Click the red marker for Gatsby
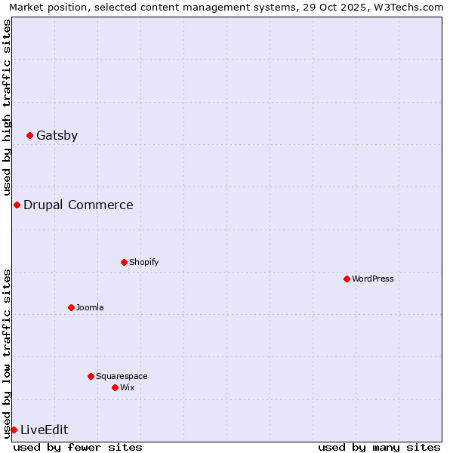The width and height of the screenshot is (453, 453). [x=29, y=136]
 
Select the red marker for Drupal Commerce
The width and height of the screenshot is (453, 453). [x=17, y=205]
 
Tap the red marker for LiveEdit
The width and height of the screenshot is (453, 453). [x=14, y=430]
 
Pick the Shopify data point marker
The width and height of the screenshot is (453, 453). [x=124, y=263]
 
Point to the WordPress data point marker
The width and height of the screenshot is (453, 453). [x=347, y=279]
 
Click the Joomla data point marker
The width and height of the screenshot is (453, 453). [x=71, y=308]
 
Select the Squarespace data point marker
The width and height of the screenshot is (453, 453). [x=91, y=376]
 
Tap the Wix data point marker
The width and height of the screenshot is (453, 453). [x=115, y=388]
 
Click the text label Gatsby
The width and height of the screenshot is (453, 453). [x=57, y=136]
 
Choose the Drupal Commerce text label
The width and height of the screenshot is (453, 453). [x=78, y=205]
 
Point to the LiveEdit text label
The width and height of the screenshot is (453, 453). [x=44, y=430]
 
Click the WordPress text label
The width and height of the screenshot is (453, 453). [x=373, y=279]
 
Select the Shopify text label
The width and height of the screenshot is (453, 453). [x=143, y=263]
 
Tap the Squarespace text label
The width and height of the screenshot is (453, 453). [x=122, y=376]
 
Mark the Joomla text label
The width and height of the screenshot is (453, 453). [x=90, y=308]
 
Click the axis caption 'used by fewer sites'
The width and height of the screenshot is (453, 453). [x=78, y=448]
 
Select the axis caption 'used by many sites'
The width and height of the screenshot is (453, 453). [x=379, y=448]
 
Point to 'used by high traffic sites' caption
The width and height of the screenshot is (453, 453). [x=8, y=107]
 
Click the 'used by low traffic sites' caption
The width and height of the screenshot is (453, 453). [x=8, y=353]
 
